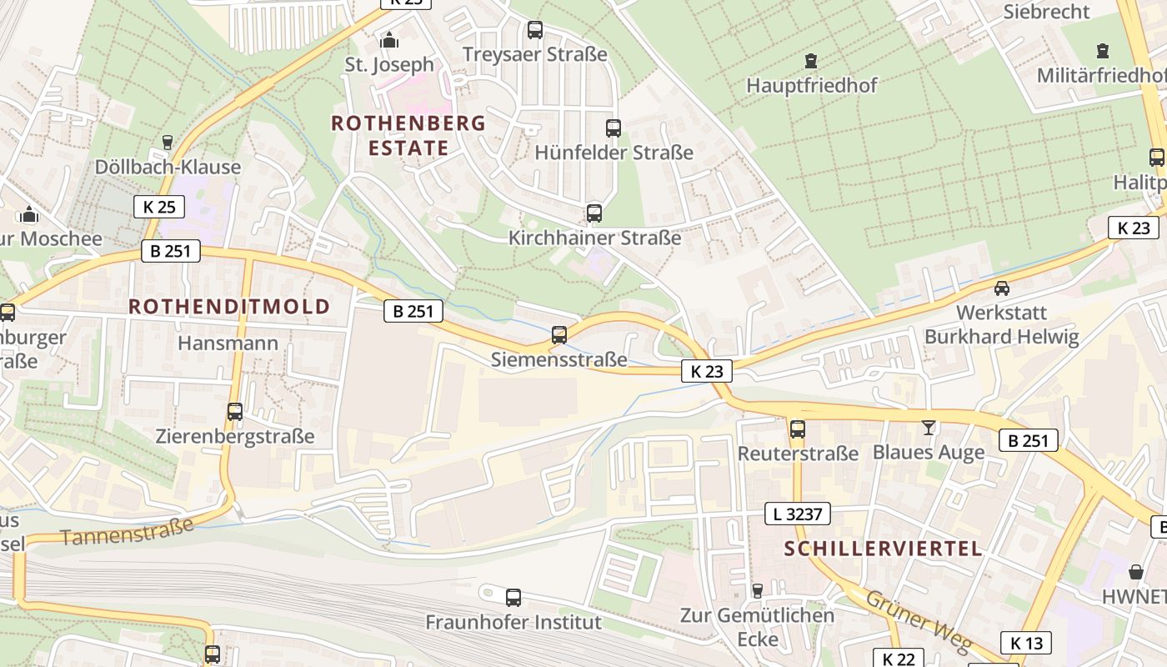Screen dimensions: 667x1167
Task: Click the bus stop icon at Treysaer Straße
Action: [x=535, y=30]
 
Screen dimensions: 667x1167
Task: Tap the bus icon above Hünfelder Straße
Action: [x=614, y=128]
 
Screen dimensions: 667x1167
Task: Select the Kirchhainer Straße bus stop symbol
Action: [x=594, y=213]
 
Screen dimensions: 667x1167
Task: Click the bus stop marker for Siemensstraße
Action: [x=559, y=334]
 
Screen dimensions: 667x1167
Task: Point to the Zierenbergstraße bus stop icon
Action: [x=235, y=411]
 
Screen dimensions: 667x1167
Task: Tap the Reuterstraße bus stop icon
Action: [x=798, y=429]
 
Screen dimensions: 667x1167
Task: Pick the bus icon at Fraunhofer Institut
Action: [x=513, y=597]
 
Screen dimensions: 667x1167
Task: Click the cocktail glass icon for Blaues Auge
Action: [x=929, y=428]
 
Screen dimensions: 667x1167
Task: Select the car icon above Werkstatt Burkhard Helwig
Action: [x=1002, y=288]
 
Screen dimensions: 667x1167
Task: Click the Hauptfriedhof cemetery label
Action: [x=811, y=85]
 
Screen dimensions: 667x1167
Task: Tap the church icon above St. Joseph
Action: [x=389, y=40]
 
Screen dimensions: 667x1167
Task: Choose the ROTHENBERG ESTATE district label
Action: [x=408, y=135]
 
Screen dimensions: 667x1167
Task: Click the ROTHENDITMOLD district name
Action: [x=229, y=306]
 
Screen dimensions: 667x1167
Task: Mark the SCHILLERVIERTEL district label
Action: [x=883, y=549]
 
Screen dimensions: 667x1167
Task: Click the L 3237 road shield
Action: [x=798, y=514]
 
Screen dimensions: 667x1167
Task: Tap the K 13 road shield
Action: [x=1026, y=643]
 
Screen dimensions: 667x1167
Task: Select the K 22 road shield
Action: [x=898, y=659]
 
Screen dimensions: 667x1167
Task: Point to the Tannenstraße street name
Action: [x=127, y=531]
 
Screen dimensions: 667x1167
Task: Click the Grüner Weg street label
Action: [x=919, y=622]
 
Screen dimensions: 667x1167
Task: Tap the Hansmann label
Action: [x=228, y=343]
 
